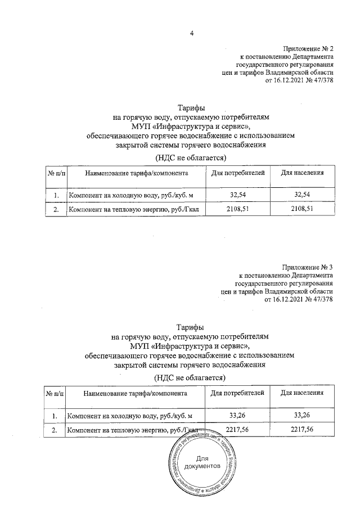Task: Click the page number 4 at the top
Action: [x=191, y=33]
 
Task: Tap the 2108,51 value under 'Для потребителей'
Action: [x=239, y=210]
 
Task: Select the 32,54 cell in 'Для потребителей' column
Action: [x=239, y=195]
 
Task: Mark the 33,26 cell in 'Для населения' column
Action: [x=302, y=415]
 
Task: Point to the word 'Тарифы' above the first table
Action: [x=191, y=108]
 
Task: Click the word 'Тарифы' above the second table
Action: [x=190, y=327]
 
